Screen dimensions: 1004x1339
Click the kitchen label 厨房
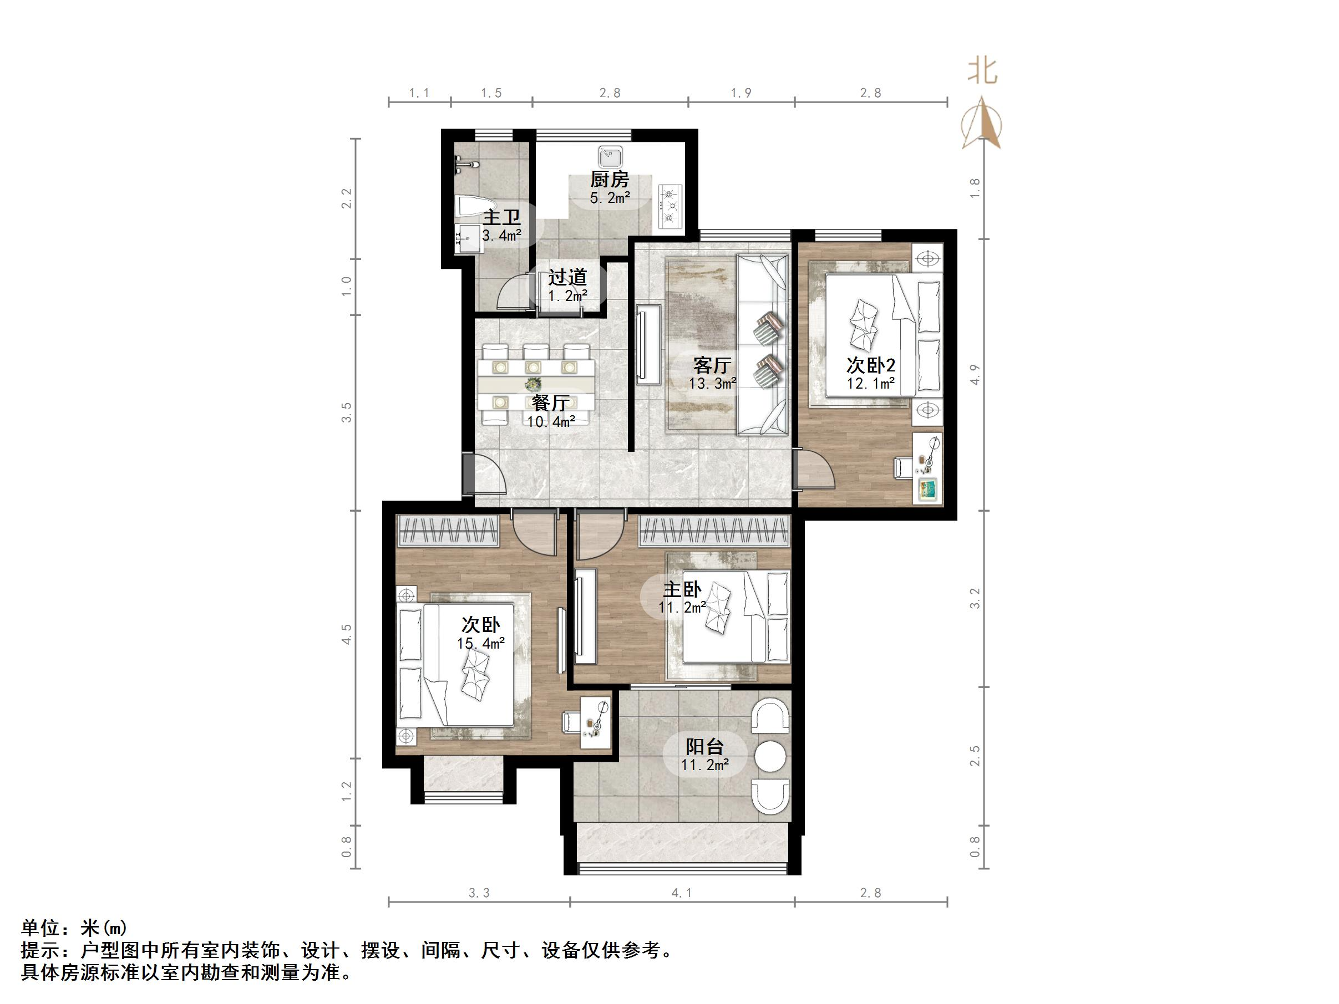coord(610,179)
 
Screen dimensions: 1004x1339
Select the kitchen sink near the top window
coord(610,157)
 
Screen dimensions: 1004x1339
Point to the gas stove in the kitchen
coord(670,206)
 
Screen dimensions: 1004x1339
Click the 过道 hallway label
coord(567,277)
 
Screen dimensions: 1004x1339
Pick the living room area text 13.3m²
coord(712,383)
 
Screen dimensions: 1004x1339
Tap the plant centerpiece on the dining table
coord(533,384)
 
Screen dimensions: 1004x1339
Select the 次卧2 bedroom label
coord(870,365)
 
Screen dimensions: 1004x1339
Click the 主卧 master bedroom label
coord(682,589)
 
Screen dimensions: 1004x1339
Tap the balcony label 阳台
coord(704,746)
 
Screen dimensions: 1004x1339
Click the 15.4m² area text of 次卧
coord(481,643)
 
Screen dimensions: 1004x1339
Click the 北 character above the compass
coord(982,72)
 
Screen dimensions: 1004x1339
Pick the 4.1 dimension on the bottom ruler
coord(682,893)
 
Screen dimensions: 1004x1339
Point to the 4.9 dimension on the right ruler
coord(974,375)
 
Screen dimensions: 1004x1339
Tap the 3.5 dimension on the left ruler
coord(346,412)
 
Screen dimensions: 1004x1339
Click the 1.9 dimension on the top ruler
coord(741,93)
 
